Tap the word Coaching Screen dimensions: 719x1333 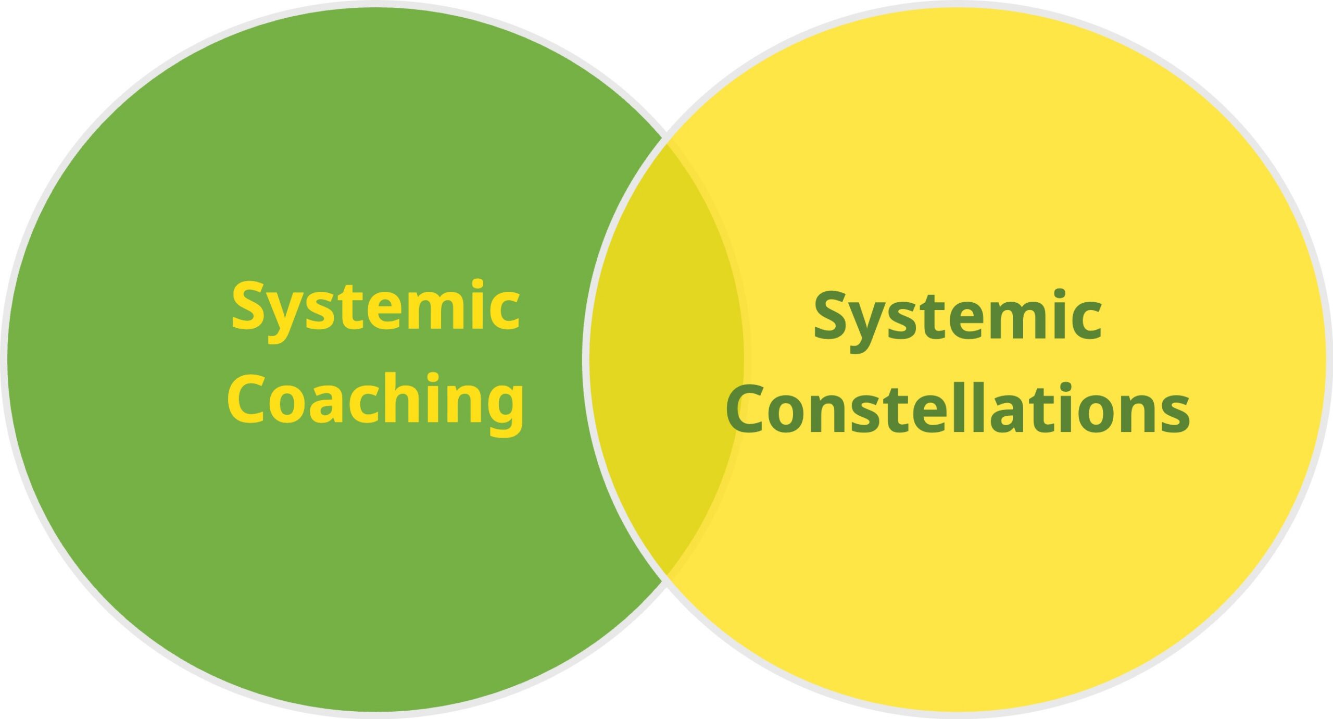tap(375, 400)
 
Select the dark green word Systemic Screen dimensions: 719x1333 tap(958, 316)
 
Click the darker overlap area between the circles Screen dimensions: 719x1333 tap(666, 359)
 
